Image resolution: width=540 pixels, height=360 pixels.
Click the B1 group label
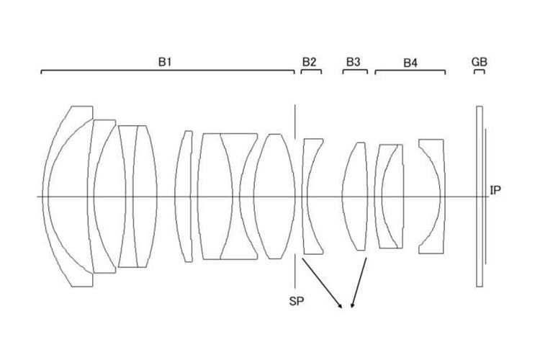pos(165,62)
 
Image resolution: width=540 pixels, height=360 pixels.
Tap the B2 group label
pos(310,62)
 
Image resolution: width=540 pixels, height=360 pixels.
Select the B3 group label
pos(353,62)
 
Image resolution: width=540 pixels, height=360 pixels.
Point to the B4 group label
pos(410,63)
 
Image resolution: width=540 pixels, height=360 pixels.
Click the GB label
pos(479,62)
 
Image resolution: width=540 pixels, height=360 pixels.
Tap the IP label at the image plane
pos(495,190)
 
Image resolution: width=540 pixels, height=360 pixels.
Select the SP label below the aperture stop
pos(297,302)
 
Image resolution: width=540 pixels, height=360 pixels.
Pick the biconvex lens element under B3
pos(355,197)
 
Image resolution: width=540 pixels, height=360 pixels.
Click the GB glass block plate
pos(480,197)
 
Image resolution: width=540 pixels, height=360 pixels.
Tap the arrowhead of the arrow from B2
pos(341,305)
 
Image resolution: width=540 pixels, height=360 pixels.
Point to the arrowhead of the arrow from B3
pos(351,305)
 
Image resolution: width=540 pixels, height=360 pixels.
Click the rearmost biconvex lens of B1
pos(274,197)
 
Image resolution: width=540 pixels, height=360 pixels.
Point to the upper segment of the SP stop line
pos(294,122)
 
